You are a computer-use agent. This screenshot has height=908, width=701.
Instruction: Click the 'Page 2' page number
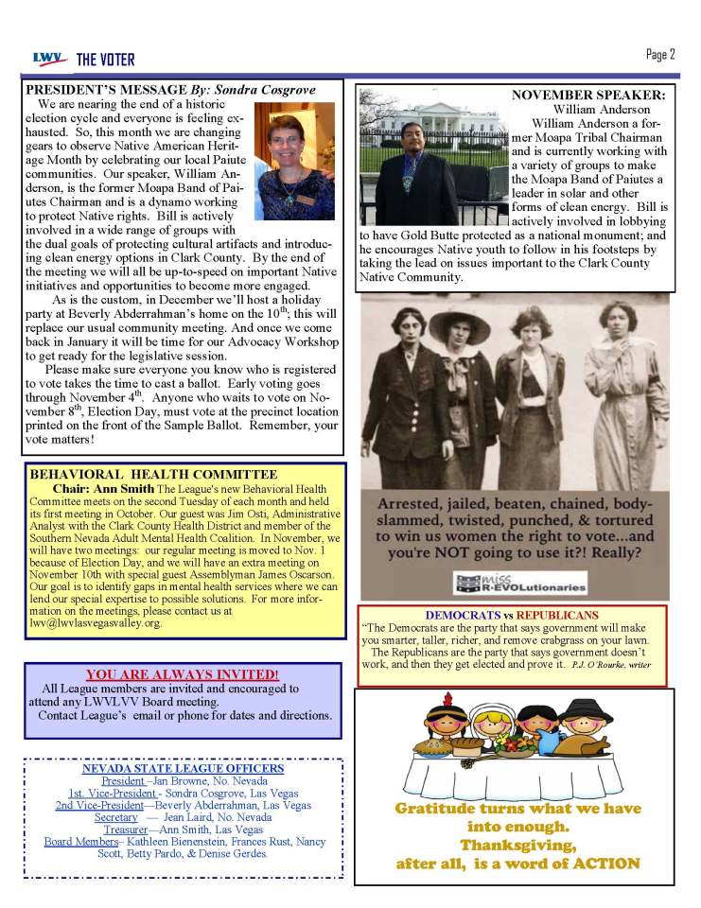[658, 55]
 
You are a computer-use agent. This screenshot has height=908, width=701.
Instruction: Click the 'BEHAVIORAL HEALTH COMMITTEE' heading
[153, 474]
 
